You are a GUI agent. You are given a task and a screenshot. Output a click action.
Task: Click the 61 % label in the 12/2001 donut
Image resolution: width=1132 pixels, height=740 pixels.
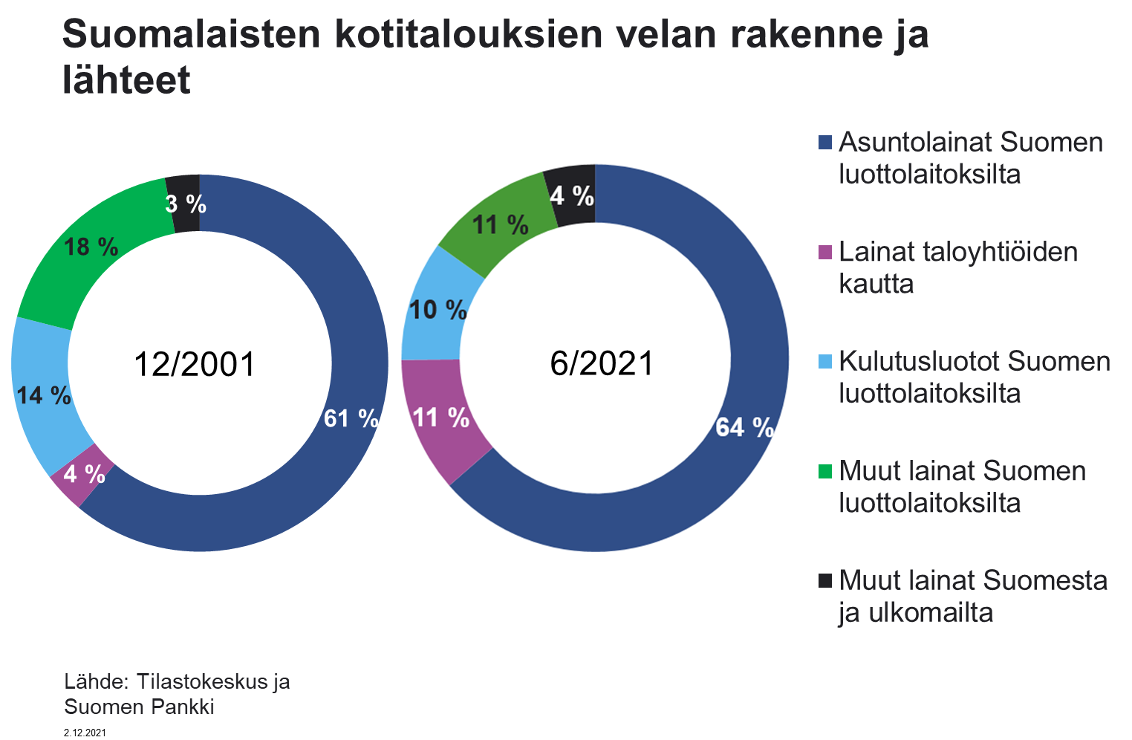coord(351,419)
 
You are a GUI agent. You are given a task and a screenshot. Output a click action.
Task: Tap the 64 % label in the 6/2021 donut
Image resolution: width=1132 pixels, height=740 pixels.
coord(744,427)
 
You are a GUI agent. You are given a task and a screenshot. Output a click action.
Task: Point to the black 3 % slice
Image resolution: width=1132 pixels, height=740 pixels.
coord(185,204)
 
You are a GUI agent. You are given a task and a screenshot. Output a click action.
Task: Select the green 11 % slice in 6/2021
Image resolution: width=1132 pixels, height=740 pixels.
coord(501,224)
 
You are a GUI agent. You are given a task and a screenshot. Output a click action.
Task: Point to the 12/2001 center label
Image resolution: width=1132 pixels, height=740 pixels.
coord(195,365)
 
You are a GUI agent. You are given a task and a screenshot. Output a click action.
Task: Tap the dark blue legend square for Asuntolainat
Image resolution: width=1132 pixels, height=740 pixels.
coord(825,143)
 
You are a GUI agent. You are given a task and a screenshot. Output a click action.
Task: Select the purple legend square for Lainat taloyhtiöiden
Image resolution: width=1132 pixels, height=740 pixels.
coord(825,253)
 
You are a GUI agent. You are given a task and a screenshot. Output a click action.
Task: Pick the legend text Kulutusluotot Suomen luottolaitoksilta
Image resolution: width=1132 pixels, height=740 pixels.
coord(974,377)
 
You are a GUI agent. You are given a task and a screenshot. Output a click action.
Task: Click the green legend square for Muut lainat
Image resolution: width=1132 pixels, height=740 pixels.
coord(825,471)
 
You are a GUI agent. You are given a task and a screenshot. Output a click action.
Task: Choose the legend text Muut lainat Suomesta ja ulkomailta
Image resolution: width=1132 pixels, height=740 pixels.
coord(972,596)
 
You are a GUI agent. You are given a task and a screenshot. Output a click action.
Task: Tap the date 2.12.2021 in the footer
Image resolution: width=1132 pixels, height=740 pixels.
coord(85,733)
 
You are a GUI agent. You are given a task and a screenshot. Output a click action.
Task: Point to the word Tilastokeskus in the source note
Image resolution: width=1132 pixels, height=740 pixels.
coord(202,682)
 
